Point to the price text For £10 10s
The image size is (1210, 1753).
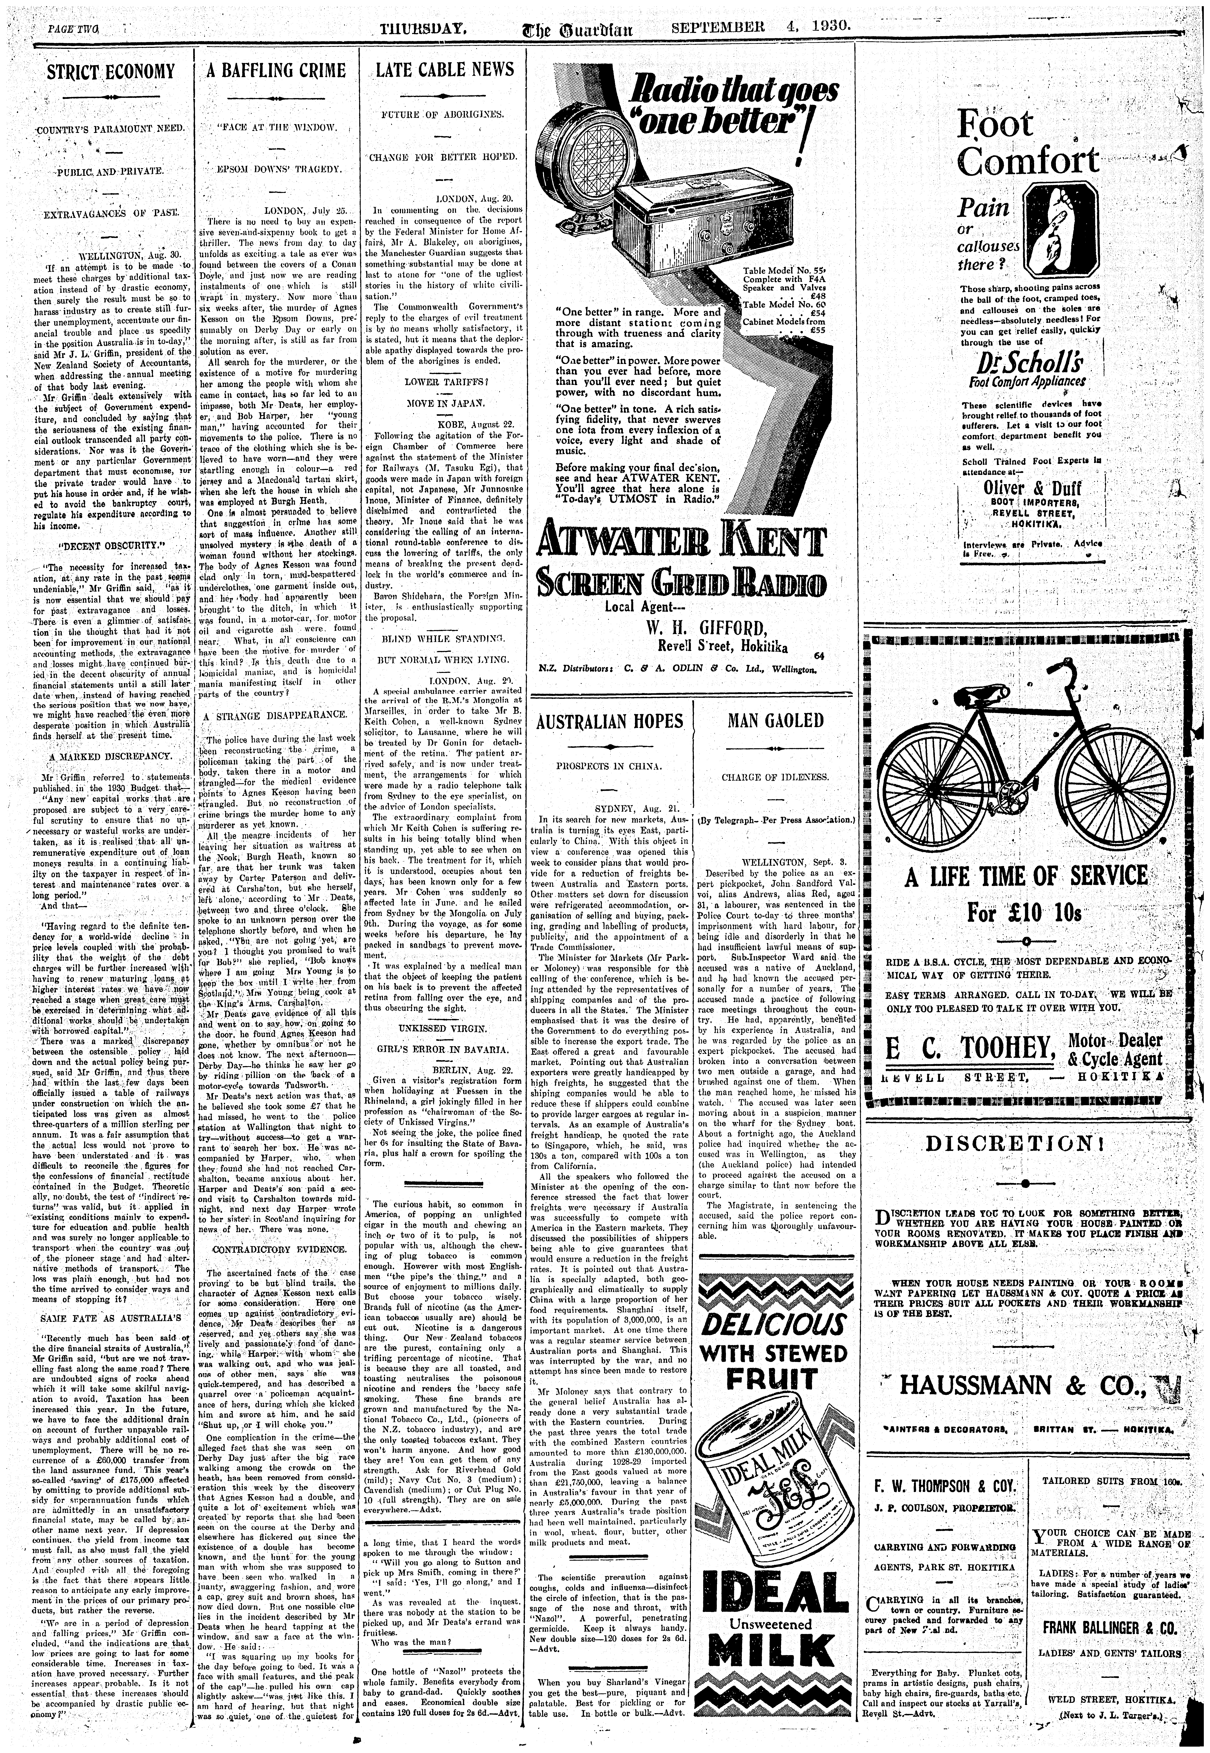1026,910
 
